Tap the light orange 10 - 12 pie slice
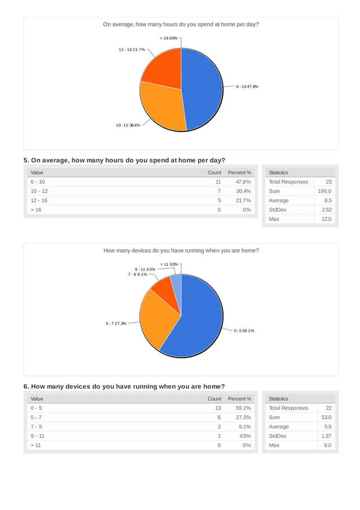point(163,107)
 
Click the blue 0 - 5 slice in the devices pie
point(200,322)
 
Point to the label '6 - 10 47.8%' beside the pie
point(247,86)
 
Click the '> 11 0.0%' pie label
point(169,264)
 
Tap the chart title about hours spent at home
point(181,24)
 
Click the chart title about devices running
point(181,250)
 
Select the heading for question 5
point(124,160)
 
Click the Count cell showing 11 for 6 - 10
point(218,182)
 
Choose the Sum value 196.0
point(324,191)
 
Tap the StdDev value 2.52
point(326,210)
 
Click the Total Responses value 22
point(327,408)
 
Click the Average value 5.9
point(328,426)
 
